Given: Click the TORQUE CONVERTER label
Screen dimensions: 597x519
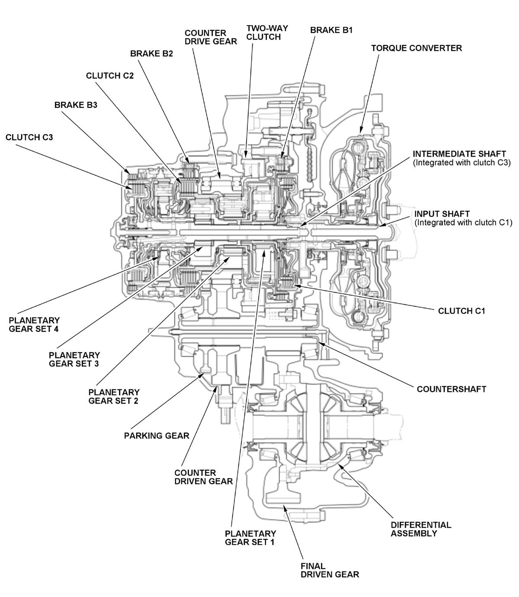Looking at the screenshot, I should pyautogui.click(x=416, y=48).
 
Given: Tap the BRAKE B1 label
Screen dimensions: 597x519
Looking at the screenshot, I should pyautogui.click(x=331, y=30).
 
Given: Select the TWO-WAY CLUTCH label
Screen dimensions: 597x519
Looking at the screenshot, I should pyautogui.click(x=267, y=33).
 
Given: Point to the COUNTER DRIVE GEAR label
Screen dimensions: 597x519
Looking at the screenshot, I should pyautogui.click(x=211, y=37).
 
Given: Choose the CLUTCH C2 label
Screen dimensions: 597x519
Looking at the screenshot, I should pyautogui.click(x=110, y=76).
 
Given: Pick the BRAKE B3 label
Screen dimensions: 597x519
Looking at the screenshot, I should pyautogui.click(x=76, y=105).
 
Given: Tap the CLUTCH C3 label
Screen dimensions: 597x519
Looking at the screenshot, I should pyautogui.click(x=29, y=137).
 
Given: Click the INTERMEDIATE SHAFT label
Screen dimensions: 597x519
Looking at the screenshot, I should pyautogui.click(x=459, y=154).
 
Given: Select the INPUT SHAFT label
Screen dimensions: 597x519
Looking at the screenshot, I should pyautogui.click(x=442, y=214).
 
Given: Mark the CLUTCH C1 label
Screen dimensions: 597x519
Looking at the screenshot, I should pyautogui.click(x=461, y=311).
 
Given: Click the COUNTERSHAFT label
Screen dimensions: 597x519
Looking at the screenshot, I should pyautogui.click(x=451, y=389).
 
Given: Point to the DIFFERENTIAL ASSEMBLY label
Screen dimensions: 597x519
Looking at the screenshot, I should pyautogui.click(x=420, y=529).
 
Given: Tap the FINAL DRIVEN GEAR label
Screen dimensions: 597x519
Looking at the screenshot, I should pyautogui.click(x=330, y=570).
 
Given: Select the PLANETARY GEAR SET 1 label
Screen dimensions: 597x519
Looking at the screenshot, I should pyautogui.click(x=250, y=537).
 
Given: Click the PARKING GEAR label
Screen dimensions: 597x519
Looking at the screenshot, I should pyautogui.click(x=157, y=436).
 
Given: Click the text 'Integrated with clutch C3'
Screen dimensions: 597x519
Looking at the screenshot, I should pyautogui.click(x=462, y=163).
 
